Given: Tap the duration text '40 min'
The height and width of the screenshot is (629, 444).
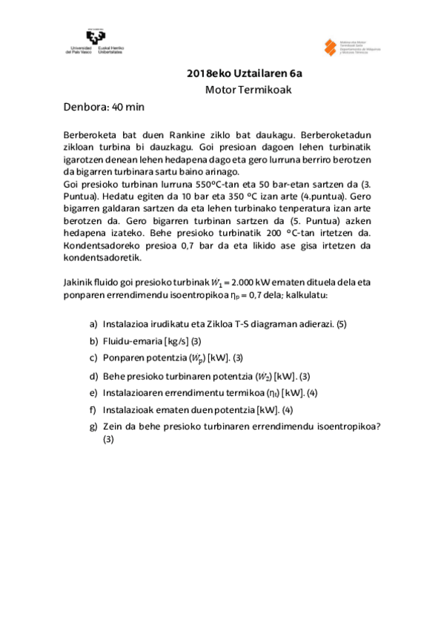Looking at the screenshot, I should (x=127, y=107).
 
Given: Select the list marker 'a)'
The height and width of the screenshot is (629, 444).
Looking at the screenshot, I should (x=93, y=324).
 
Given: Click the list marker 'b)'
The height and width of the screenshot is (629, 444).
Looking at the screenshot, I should (x=93, y=341).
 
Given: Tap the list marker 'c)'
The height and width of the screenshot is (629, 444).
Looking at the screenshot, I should (x=93, y=358).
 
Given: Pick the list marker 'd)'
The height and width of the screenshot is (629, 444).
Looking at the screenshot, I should (x=93, y=375).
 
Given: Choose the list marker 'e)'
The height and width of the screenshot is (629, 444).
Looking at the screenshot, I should (x=93, y=392).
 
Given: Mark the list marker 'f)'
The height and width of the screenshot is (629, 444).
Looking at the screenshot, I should (x=93, y=409).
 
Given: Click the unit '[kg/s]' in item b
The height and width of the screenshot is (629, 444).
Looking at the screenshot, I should (x=176, y=341).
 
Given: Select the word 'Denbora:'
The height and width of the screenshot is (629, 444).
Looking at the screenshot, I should (x=85, y=107).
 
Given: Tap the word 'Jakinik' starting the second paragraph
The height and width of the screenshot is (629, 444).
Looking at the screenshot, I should (x=81, y=283).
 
